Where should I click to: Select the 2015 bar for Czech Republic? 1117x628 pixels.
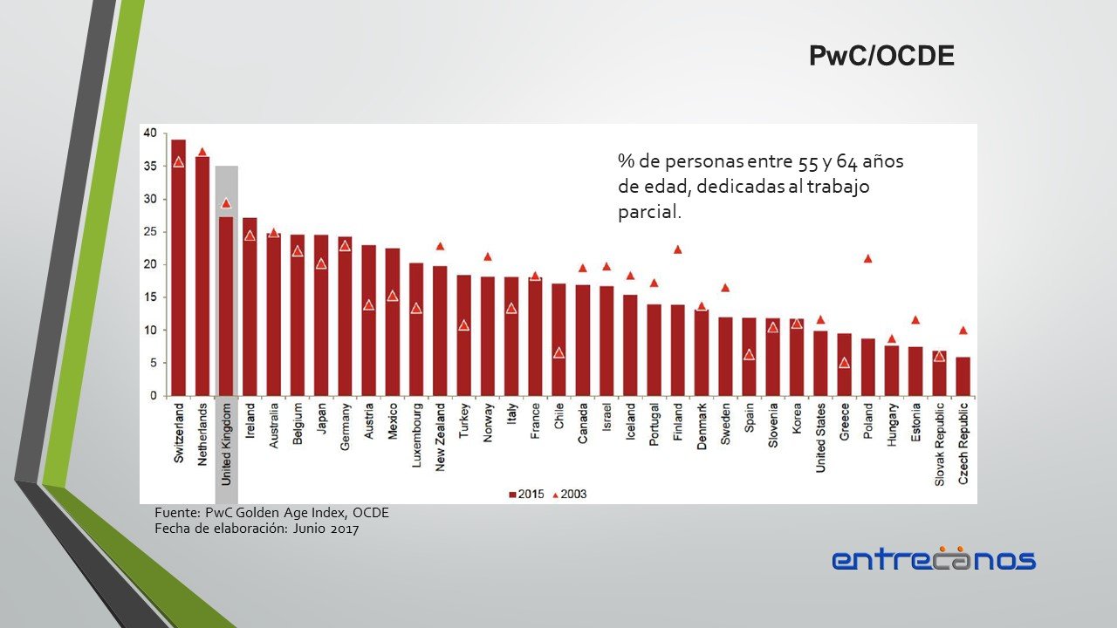(x=963, y=376)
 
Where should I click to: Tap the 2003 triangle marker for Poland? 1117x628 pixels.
(x=867, y=258)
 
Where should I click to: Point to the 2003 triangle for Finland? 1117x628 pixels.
(x=677, y=249)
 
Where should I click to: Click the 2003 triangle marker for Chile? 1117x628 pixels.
(x=558, y=353)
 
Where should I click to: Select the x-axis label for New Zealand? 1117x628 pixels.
(x=440, y=436)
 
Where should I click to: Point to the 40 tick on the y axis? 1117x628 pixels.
(x=150, y=133)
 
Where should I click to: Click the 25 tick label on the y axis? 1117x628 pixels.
(x=150, y=232)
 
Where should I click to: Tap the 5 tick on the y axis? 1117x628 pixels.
(x=153, y=363)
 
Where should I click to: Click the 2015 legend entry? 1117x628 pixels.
(x=526, y=495)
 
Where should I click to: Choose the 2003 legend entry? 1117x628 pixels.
(x=570, y=495)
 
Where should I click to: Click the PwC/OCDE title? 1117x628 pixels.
(x=881, y=57)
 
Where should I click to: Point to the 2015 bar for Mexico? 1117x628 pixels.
(x=393, y=322)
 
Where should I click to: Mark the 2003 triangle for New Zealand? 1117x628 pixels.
(x=440, y=246)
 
